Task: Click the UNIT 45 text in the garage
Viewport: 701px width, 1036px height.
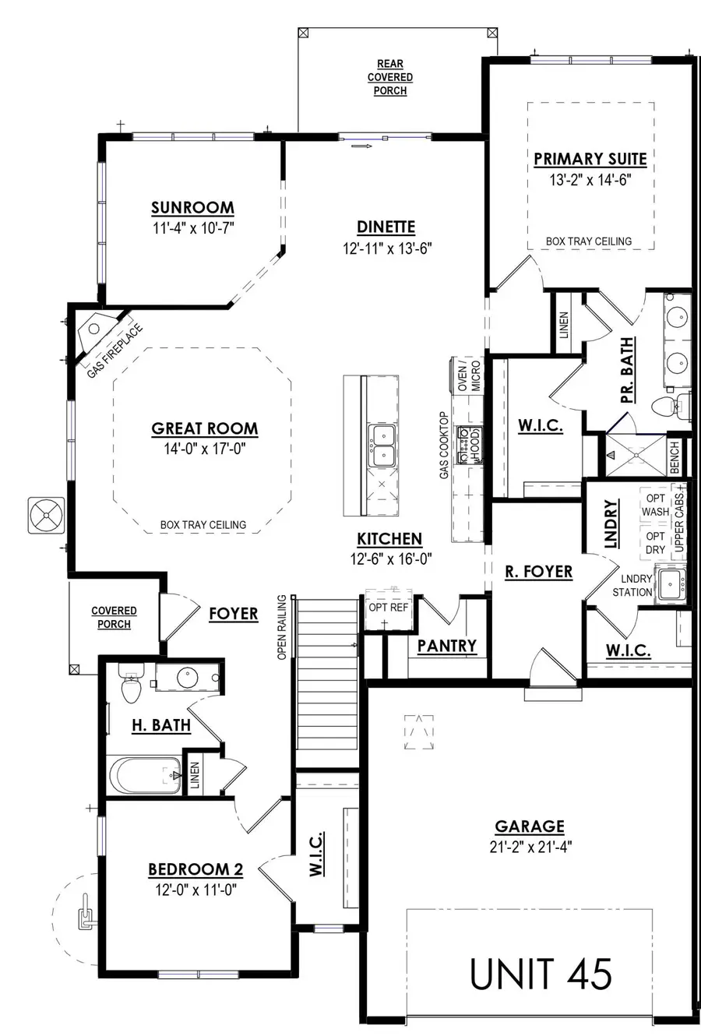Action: click(541, 974)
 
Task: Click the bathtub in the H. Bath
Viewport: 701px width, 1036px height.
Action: click(144, 776)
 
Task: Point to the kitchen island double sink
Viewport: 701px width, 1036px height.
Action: click(382, 446)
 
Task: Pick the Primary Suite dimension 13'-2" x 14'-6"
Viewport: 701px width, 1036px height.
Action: click(589, 181)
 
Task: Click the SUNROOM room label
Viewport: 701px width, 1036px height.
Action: click(192, 207)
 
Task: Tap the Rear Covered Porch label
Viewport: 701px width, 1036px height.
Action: click(390, 77)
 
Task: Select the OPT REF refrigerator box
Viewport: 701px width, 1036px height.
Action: click(388, 607)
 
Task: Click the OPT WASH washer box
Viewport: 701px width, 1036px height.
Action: click(655, 505)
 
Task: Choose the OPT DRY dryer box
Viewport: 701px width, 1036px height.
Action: click(655, 543)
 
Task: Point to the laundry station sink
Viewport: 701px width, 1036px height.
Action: click(671, 584)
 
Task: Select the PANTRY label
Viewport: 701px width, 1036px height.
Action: click(446, 646)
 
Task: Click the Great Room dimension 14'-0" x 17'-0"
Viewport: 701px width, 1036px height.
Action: click(205, 449)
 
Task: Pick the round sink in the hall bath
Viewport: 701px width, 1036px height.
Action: click(187, 678)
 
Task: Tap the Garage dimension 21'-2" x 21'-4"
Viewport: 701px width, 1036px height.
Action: click(530, 846)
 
